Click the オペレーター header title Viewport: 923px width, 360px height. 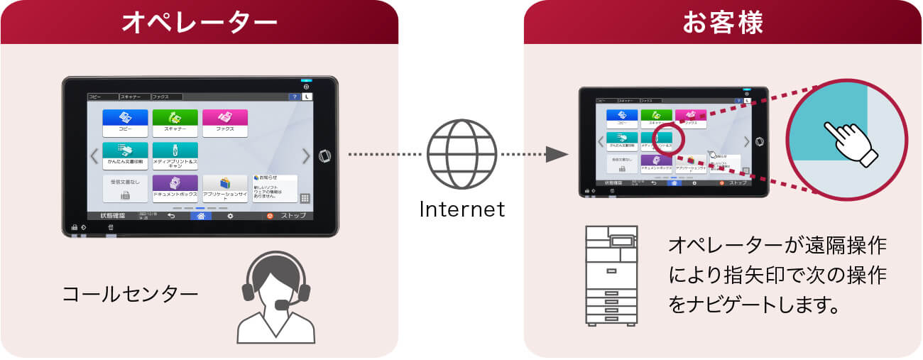(x=199, y=22)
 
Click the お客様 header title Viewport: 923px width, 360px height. (x=723, y=22)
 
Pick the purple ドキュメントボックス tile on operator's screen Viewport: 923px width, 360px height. (x=175, y=187)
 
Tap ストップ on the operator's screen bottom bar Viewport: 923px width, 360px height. (x=287, y=216)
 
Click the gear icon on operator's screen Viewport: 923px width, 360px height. (x=230, y=216)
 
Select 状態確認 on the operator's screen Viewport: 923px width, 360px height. (x=112, y=216)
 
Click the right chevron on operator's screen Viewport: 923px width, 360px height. (x=306, y=156)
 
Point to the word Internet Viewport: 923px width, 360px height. (x=461, y=209)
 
